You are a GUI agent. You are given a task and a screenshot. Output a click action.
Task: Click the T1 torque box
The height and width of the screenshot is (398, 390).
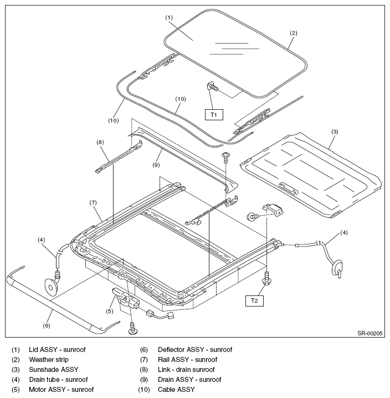214,115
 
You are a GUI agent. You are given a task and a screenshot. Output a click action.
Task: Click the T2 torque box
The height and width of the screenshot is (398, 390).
254,301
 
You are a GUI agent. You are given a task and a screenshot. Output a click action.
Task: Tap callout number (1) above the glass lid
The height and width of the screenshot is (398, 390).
169,18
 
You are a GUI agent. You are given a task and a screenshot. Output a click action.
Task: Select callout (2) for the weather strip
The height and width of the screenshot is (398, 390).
293,33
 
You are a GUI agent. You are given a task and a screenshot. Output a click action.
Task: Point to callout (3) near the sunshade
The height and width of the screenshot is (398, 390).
335,131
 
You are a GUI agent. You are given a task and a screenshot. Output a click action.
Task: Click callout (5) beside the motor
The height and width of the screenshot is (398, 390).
109,311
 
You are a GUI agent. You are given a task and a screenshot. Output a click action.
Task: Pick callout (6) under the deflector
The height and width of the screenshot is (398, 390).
47,325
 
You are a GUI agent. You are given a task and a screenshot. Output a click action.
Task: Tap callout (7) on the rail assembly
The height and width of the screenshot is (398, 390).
93,202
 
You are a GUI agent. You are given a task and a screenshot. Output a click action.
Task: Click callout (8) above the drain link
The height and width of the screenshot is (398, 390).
100,142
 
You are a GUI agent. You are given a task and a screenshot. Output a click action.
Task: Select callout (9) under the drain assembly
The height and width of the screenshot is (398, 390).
156,165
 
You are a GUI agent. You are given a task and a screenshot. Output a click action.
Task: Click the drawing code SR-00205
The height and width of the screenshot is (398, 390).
370,333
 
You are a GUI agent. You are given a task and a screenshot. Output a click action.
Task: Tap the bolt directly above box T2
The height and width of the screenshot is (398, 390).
266,278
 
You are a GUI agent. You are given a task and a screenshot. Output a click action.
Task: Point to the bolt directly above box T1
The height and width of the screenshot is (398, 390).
212,86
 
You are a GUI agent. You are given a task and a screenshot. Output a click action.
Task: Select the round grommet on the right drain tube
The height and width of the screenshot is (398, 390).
337,267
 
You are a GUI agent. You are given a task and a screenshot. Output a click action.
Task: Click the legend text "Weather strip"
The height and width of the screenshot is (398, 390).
49,360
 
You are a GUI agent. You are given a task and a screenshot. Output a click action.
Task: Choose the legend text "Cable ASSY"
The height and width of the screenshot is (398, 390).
176,389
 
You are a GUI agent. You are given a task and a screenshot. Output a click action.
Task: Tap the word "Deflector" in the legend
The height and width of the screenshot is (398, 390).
171,350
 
